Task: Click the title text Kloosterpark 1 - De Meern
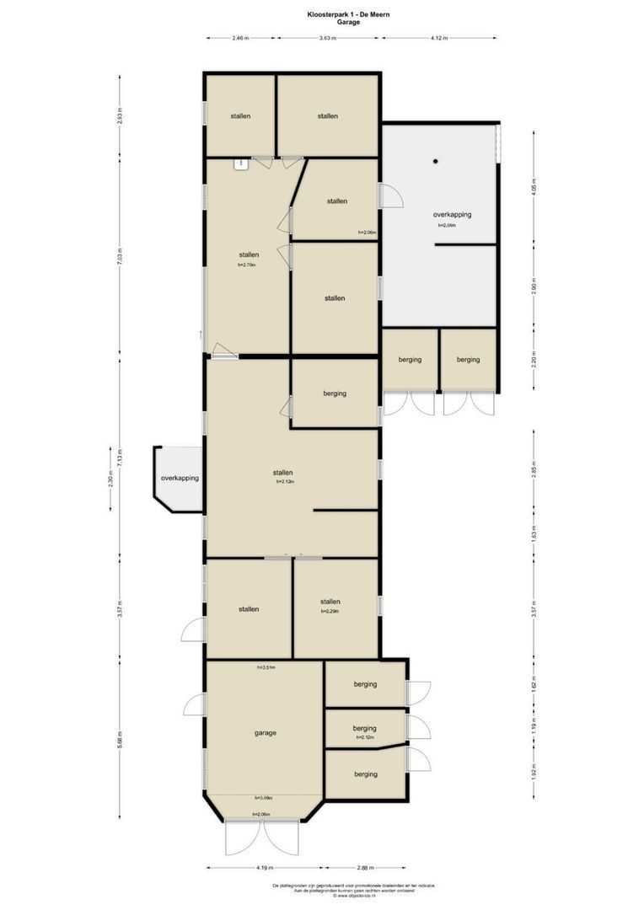click(321, 14)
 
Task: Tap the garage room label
click(266, 732)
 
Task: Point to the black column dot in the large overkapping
click(436, 161)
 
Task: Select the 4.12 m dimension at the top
click(438, 38)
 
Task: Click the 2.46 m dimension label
click(241, 38)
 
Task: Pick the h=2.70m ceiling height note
click(246, 265)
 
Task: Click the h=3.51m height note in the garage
click(266, 667)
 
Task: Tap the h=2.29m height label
click(330, 612)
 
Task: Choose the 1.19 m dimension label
click(534, 731)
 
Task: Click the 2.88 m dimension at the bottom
click(365, 867)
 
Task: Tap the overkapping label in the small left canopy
click(180, 478)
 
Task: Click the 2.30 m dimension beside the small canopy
click(110, 478)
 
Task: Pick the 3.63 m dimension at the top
click(329, 38)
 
